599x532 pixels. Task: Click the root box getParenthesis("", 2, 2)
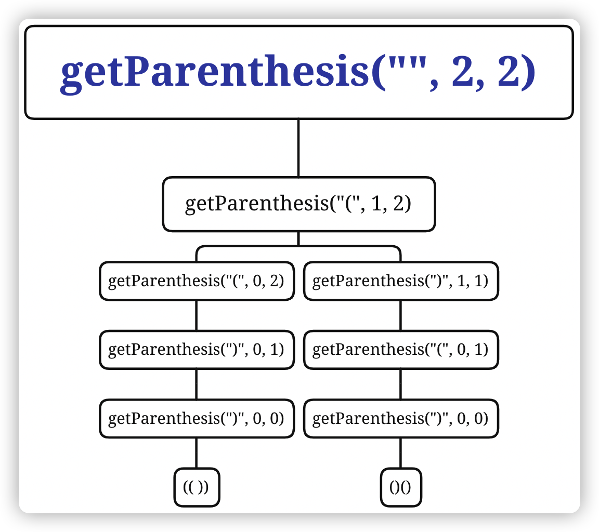tap(299, 73)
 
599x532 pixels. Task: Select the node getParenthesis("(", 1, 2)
tap(298, 204)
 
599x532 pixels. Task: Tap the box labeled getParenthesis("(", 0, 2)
tap(196, 281)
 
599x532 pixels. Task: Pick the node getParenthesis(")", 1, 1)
tap(400, 281)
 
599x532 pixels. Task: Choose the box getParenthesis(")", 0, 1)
tap(196, 350)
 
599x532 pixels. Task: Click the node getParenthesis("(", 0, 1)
tap(400, 350)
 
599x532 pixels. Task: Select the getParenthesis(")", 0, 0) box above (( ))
tap(196, 418)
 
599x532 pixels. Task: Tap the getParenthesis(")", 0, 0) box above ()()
tap(400, 418)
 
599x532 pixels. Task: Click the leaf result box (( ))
tap(196, 487)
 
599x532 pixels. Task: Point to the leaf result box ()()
tap(400, 487)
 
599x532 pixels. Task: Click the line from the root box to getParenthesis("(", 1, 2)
tap(298, 148)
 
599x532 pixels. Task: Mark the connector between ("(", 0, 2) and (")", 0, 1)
tap(196, 315)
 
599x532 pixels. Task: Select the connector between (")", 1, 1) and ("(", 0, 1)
tap(400, 315)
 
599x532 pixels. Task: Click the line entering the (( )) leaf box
tap(196, 453)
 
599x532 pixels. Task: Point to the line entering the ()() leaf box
tap(400, 453)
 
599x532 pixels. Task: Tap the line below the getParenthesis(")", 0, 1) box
tap(196, 384)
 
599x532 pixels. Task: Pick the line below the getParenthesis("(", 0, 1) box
tap(400, 384)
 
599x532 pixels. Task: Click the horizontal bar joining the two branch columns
tap(298, 246)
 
